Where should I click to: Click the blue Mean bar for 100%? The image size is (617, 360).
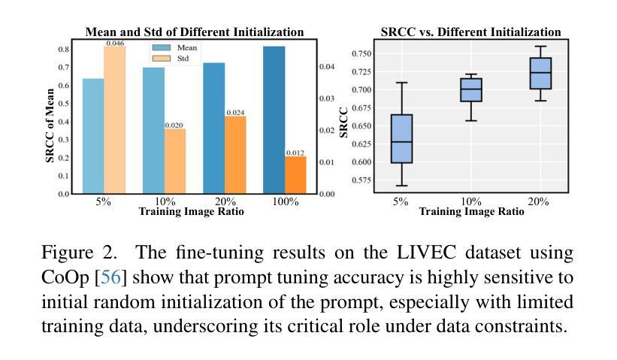click(x=274, y=120)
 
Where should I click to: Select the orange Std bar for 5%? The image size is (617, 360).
click(x=114, y=120)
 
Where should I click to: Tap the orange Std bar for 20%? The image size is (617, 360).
click(x=235, y=155)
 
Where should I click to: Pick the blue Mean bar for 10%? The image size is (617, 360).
click(x=153, y=131)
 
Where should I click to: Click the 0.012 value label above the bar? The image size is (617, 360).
click(x=295, y=153)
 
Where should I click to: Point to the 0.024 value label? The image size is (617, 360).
click(x=235, y=113)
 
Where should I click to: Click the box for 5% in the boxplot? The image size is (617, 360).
click(x=401, y=138)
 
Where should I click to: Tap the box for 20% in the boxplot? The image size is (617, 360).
click(x=540, y=73)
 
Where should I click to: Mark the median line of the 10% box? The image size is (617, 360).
click(x=470, y=89)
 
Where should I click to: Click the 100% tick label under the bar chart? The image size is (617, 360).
click(x=285, y=202)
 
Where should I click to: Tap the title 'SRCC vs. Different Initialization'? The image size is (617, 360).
click(x=470, y=32)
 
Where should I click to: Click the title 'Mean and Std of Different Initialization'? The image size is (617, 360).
click(x=195, y=32)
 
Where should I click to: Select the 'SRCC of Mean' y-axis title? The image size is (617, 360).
click(x=50, y=126)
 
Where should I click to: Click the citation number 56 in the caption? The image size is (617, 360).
click(x=110, y=277)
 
